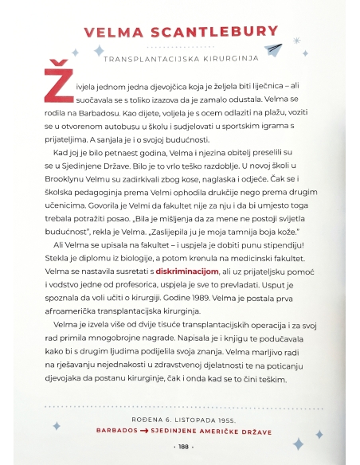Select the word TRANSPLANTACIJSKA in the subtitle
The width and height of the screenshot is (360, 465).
(x=150, y=60)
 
